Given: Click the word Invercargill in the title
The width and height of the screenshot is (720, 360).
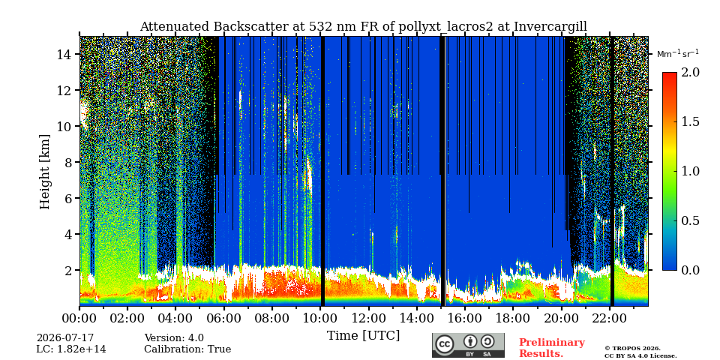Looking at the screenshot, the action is click(550, 27).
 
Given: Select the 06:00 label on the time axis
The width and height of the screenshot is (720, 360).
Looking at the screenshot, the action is click(223, 319).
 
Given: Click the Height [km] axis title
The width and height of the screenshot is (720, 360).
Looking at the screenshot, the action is click(44, 172).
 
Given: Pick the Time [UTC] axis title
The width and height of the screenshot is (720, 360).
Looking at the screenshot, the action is click(363, 336).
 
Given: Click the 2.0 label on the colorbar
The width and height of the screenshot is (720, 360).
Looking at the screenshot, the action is click(690, 72).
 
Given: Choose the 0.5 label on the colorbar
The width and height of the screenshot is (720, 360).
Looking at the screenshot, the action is click(690, 220).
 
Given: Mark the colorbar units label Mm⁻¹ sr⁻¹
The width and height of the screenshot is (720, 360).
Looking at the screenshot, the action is click(678, 54).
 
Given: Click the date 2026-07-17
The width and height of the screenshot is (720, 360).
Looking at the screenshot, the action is click(65, 338).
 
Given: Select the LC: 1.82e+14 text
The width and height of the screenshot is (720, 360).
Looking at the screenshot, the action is click(71, 349).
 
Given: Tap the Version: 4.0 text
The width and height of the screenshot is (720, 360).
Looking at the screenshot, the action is click(174, 338).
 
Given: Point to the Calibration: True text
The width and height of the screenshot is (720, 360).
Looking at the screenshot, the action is click(187, 349).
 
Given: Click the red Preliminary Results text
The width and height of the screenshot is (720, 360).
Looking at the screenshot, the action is click(552, 348).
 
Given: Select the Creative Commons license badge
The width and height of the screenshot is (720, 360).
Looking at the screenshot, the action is click(468, 345).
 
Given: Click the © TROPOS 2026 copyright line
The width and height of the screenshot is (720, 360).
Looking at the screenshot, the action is click(632, 349).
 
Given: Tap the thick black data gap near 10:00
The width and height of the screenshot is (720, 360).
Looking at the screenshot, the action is click(322, 171).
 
